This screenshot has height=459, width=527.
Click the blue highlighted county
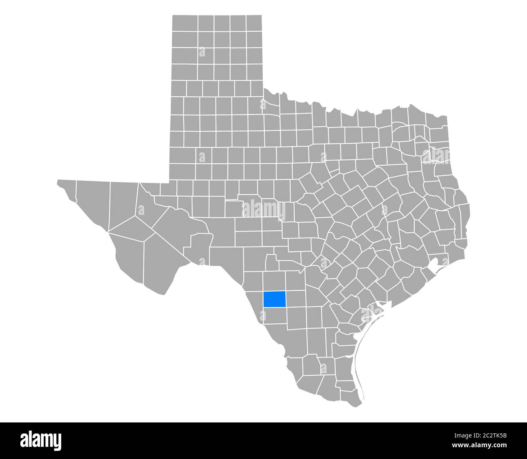(274, 299)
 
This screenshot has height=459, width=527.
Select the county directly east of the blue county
(295, 299)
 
